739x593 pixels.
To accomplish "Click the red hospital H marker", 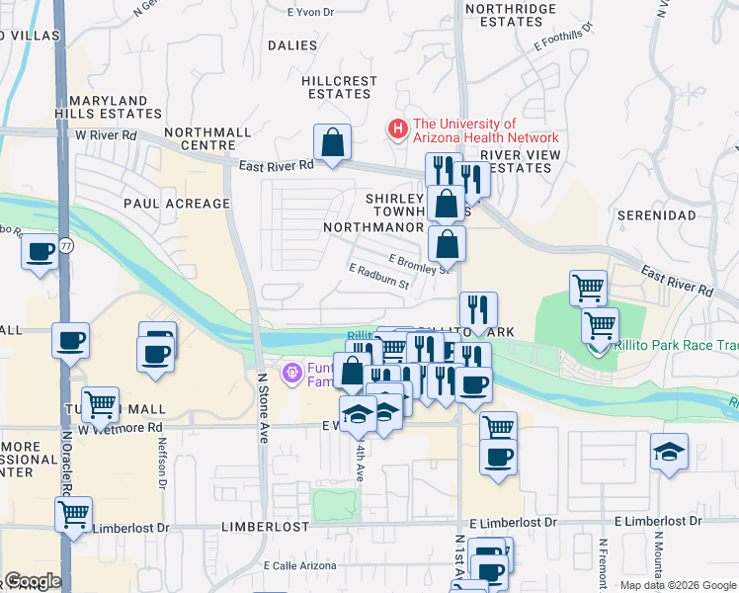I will pyautogui.click(x=397, y=129).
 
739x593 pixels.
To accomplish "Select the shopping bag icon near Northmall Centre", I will pyautogui.click(x=334, y=141).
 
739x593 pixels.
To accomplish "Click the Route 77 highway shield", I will pyautogui.click(x=65, y=247).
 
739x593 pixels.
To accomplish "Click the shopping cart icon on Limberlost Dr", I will pyautogui.click(x=74, y=515).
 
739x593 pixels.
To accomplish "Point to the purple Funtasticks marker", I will pyautogui.click(x=291, y=373).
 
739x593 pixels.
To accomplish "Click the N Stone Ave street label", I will pyautogui.click(x=263, y=407).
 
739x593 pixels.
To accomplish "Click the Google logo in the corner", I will pyautogui.click(x=33, y=581).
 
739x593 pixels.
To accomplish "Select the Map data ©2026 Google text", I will pyautogui.click(x=677, y=585).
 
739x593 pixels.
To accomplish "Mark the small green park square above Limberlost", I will pyautogui.click(x=335, y=505).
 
